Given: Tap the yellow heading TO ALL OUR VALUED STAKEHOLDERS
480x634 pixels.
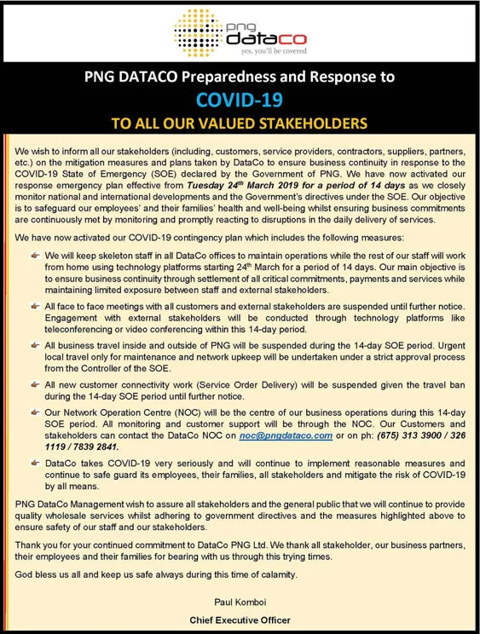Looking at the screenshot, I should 240,124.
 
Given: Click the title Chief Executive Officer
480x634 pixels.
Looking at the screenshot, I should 240,620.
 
